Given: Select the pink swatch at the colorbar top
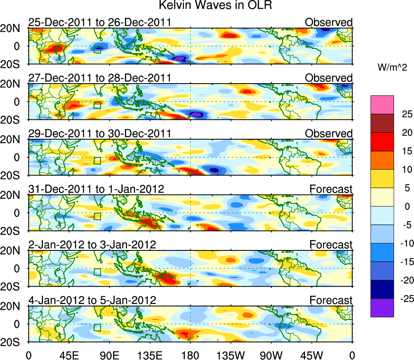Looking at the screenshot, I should (382, 105).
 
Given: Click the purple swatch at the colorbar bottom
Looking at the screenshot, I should (382, 308).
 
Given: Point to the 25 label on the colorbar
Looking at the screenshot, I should (404, 114).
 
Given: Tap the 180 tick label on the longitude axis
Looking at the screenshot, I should (190, 355).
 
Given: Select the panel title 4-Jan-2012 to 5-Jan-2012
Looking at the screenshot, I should (92, 300).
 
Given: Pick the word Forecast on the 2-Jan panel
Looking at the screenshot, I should (331, 245).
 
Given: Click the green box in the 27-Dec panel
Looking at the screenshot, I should (97, 105).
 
